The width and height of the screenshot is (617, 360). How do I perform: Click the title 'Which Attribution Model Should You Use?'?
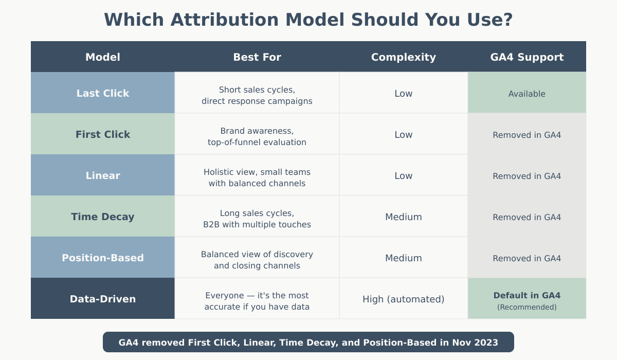coord(308,20)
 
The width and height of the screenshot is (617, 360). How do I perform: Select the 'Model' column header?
coord(103,57)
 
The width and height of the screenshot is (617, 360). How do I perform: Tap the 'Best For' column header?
coord(257,57)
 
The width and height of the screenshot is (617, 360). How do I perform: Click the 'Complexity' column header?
coord(404,57)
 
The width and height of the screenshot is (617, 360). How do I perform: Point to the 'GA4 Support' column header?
coord(527,57)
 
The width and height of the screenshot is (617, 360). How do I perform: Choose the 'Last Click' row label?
coord(103,93)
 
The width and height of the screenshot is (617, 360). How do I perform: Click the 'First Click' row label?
coord(103,134)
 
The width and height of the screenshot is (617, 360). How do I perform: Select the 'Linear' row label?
coord(103,175)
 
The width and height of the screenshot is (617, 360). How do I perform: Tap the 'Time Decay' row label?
coord(103,217)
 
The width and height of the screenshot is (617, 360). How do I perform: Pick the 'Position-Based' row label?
coord(103,258)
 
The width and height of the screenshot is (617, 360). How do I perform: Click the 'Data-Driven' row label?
coord(103,299)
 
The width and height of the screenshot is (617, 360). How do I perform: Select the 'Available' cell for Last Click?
coord(527,94)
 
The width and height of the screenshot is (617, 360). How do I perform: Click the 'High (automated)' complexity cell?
coord(404,299)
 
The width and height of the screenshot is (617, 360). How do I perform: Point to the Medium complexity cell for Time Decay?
coord(404,217)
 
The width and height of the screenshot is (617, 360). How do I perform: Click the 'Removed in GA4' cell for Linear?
coord(527,176)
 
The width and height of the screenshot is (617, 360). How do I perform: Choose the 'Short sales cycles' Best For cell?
coord(257,95)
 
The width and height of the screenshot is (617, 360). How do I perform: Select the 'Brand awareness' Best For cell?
coord(257,136)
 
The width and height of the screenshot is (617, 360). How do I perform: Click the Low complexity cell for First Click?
coord(404,134)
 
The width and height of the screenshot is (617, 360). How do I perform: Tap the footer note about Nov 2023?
coord(308,342)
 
